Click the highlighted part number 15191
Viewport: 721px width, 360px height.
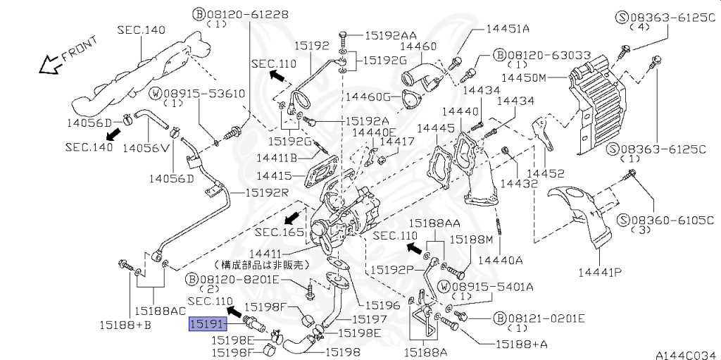(208, 325)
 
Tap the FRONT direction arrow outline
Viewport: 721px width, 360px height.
(51, 65)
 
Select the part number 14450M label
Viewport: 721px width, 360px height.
(523, 77)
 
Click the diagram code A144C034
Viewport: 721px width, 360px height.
(688, 355)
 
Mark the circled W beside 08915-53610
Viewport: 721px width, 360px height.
(156, 94)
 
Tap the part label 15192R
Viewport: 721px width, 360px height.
(266, 192)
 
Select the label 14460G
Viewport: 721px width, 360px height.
(368, 97)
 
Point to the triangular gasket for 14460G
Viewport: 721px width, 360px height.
(408, 99)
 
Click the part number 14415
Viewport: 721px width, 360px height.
(274, 175)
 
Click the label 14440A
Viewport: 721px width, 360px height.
(501, 260)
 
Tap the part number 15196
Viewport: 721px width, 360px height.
(382, 305)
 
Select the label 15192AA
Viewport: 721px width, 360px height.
(391, 35)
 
